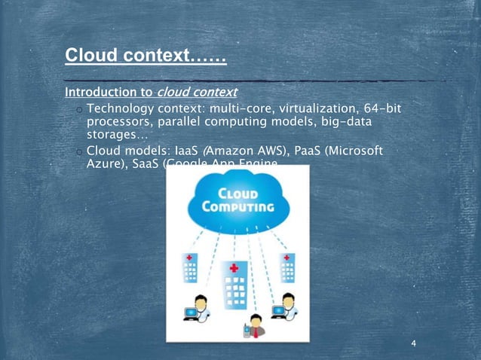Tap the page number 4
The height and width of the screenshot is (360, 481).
point(414,344)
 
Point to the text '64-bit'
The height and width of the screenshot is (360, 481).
point(379,110)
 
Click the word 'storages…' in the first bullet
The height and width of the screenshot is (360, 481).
point(117,135)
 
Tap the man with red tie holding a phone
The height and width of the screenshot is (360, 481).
point(256,325)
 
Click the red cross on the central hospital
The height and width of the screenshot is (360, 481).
point(234,267)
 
